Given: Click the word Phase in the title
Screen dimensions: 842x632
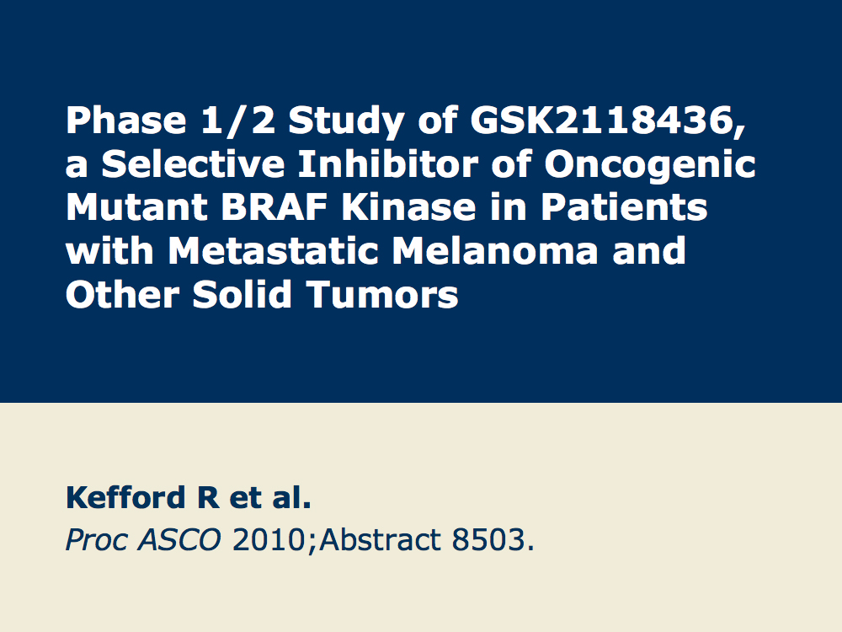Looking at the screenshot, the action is tap(126, 121).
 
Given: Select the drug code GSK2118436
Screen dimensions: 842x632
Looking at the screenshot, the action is tap(608, 121).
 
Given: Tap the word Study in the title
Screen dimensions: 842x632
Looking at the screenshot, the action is tap(346, 121).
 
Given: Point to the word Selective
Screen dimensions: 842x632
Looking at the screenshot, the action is tap(193, 163).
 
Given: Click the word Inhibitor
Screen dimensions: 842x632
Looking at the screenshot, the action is tap(387, 163).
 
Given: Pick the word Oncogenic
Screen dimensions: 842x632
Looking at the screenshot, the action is tap(650, 165).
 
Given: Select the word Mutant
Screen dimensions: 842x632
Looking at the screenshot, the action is tap(136, 207).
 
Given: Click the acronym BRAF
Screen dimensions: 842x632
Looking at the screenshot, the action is tap(274, 207).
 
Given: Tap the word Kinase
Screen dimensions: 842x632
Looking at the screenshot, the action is tap(408, 207).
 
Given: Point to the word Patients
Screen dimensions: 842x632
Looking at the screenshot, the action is tap(624, 207).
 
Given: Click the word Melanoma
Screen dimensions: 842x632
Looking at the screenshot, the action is tap(495, 251).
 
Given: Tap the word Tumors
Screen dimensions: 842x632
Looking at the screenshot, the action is tap(382, 294).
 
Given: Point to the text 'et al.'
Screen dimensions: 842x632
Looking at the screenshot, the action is tap(270, 498).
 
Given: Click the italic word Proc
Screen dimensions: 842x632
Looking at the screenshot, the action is tap(97, 539).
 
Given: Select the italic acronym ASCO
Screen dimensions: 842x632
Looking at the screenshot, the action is tap(179, 539).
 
